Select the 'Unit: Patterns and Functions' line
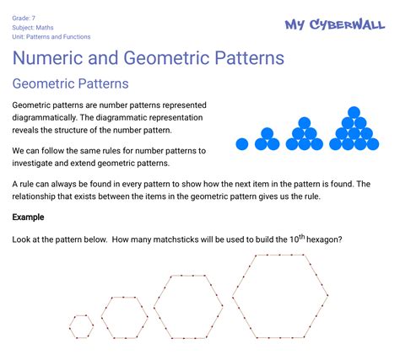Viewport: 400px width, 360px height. [51, 37]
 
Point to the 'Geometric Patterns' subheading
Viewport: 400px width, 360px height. [70, 84]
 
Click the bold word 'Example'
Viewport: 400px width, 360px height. [29, 218]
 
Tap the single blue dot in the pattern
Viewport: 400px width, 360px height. [242, 144]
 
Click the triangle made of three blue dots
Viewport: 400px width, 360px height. [268, 139]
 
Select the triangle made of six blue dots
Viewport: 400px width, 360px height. [303, 134]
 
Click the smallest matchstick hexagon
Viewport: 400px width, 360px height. [82, 326]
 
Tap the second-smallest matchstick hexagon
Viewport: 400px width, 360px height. [124, 317]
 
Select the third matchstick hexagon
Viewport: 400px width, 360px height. [188, 306]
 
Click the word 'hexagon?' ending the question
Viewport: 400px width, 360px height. [324, 240]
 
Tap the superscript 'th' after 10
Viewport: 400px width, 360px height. [296, 236]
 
